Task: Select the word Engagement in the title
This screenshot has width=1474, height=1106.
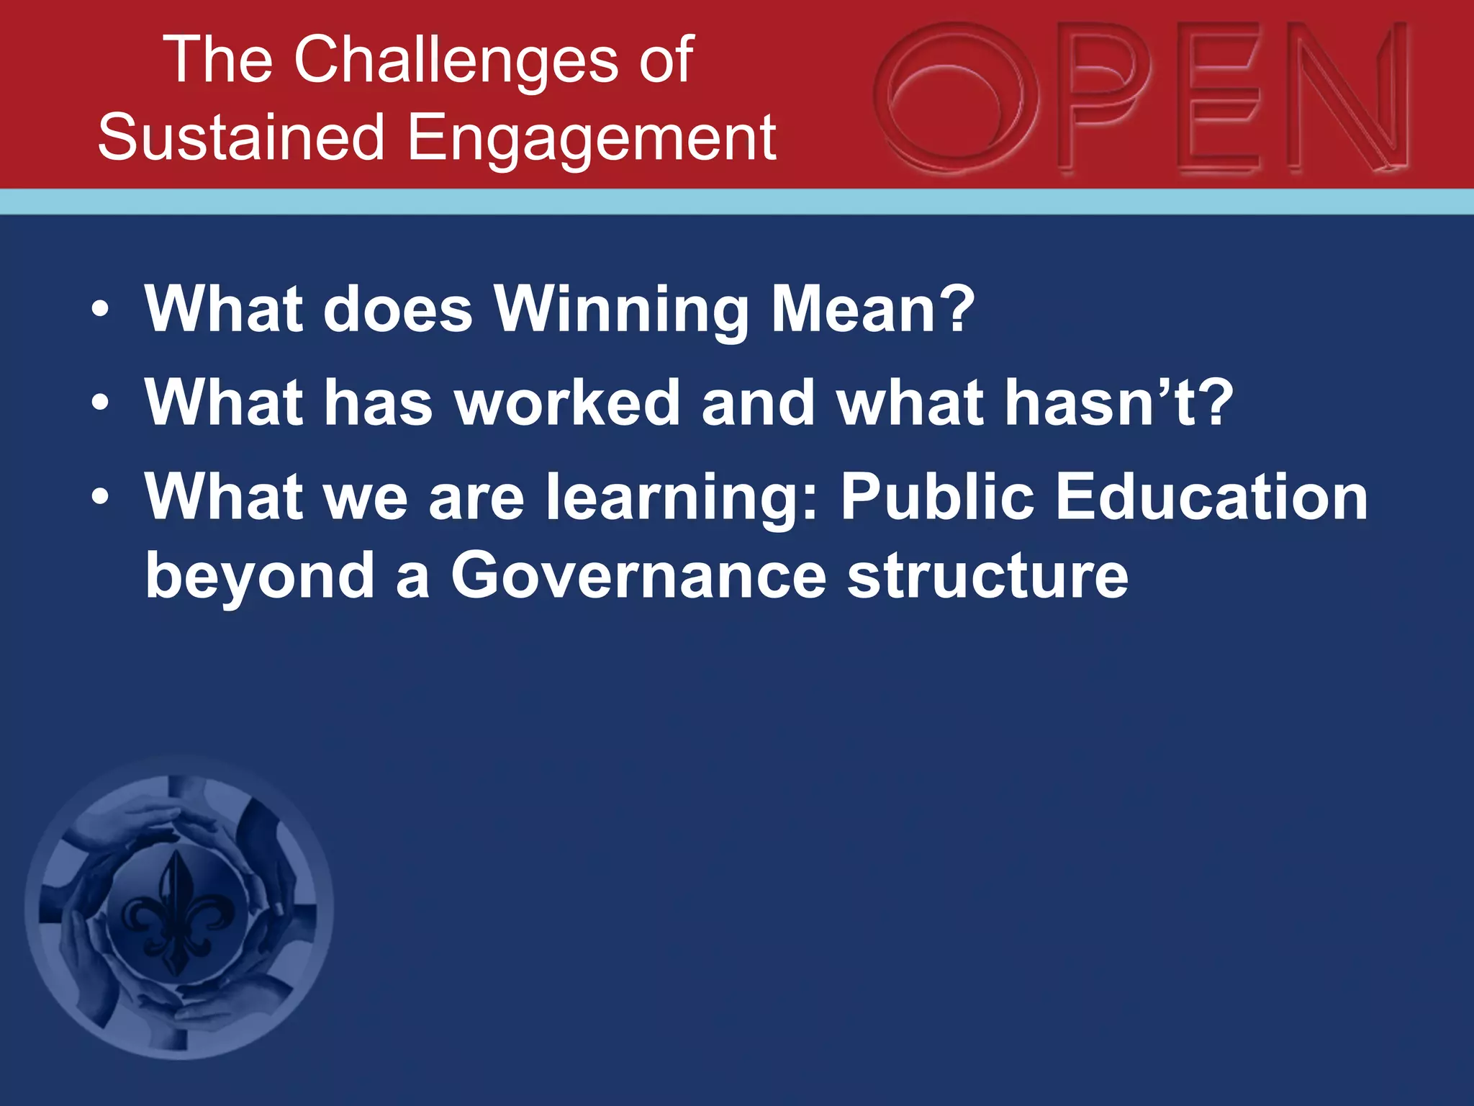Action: tap(592, 138)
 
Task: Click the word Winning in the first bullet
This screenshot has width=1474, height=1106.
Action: tap(622, 310)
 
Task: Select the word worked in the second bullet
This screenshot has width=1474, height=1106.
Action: tap(568, 403)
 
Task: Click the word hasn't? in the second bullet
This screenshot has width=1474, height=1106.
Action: tap(1118, 403)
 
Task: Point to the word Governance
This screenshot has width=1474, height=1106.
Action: tap(638, 576)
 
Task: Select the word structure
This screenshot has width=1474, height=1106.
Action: tap(987, 576)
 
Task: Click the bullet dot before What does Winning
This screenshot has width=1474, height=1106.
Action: tap(100, 311)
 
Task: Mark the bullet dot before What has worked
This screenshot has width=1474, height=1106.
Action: tap(100, 404)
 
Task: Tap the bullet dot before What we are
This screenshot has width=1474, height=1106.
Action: tap(100, 498)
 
